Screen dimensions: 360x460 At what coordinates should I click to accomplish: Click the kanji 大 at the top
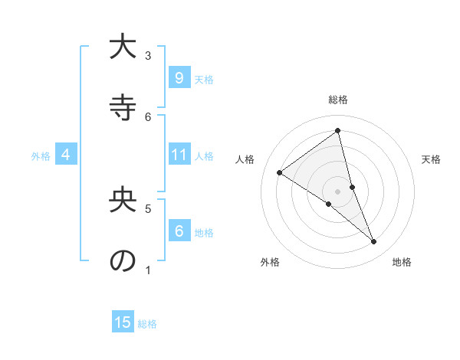pos(122,47)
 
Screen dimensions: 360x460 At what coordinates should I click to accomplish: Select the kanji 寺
pos(122,108)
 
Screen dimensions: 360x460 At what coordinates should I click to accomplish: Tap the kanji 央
pos(122,200)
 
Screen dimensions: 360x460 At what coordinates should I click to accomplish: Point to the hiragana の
pos(122,260)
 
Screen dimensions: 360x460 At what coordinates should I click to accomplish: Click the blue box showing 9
pos(179,78)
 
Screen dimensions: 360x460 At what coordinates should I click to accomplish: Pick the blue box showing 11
pos(179,155)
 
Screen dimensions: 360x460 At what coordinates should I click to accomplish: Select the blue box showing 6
pos(179,231)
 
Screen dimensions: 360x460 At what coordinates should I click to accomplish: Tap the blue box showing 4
pos(66,155)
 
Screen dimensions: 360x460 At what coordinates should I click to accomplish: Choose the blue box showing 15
pos(123,322)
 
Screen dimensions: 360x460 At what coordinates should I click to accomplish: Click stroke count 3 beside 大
pos(148,56)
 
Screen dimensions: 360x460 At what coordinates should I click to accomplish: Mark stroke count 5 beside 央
pos(148,208)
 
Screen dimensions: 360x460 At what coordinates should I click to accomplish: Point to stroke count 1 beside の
pos(148,270)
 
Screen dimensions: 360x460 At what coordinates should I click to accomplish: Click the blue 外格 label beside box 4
pos(41,156)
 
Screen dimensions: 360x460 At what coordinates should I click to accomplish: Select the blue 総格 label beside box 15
pos(147,324)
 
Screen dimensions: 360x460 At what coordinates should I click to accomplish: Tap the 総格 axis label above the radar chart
pos(338,100)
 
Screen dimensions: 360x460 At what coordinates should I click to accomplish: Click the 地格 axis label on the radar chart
pos(402,263)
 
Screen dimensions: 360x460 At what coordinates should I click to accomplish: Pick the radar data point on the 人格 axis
pos(279,172)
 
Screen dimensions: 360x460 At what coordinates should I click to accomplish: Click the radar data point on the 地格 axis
pos(374,241)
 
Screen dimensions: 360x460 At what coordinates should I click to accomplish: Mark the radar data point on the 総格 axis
pos(338,131)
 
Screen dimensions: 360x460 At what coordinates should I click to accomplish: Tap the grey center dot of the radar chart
pos(338,191)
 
